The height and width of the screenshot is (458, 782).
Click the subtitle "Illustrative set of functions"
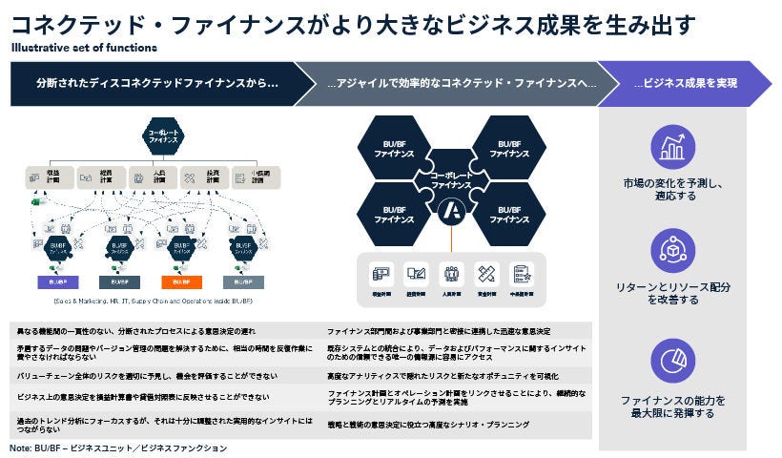85,47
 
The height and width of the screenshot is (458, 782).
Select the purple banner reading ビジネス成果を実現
685,84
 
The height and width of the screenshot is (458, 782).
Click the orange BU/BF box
180,282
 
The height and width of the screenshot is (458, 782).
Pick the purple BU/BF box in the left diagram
51,282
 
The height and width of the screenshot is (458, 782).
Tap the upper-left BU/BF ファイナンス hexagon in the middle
393,148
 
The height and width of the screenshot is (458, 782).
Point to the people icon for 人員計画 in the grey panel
451,275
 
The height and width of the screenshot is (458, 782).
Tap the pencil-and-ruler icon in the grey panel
486,275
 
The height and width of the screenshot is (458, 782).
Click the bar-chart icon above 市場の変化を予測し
672,147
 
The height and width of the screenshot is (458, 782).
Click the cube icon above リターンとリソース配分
672,252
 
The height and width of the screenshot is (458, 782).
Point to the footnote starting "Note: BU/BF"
119,448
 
